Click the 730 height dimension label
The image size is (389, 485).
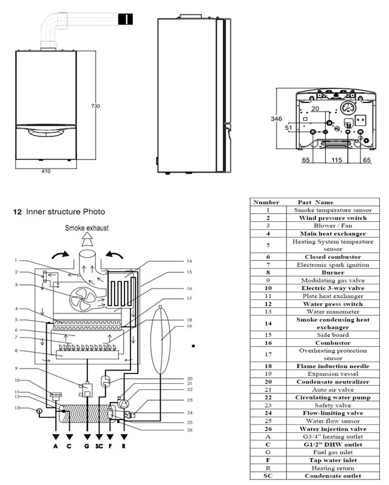coord(95,105)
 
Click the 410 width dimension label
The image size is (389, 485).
coord(46,172)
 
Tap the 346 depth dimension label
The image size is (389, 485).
coord(276,119)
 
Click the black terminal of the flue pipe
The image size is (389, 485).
coord(125,19)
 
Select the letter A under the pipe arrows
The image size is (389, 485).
coord(56,448)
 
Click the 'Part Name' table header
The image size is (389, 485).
coord(316,202)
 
